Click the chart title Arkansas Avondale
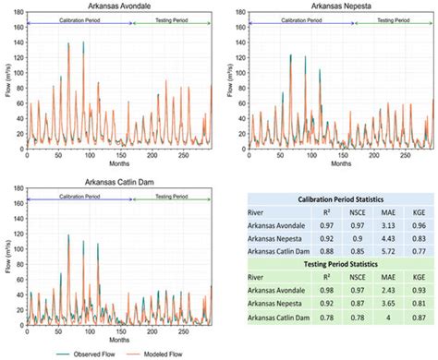tap(117, 6)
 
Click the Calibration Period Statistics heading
tap(340, 200)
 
